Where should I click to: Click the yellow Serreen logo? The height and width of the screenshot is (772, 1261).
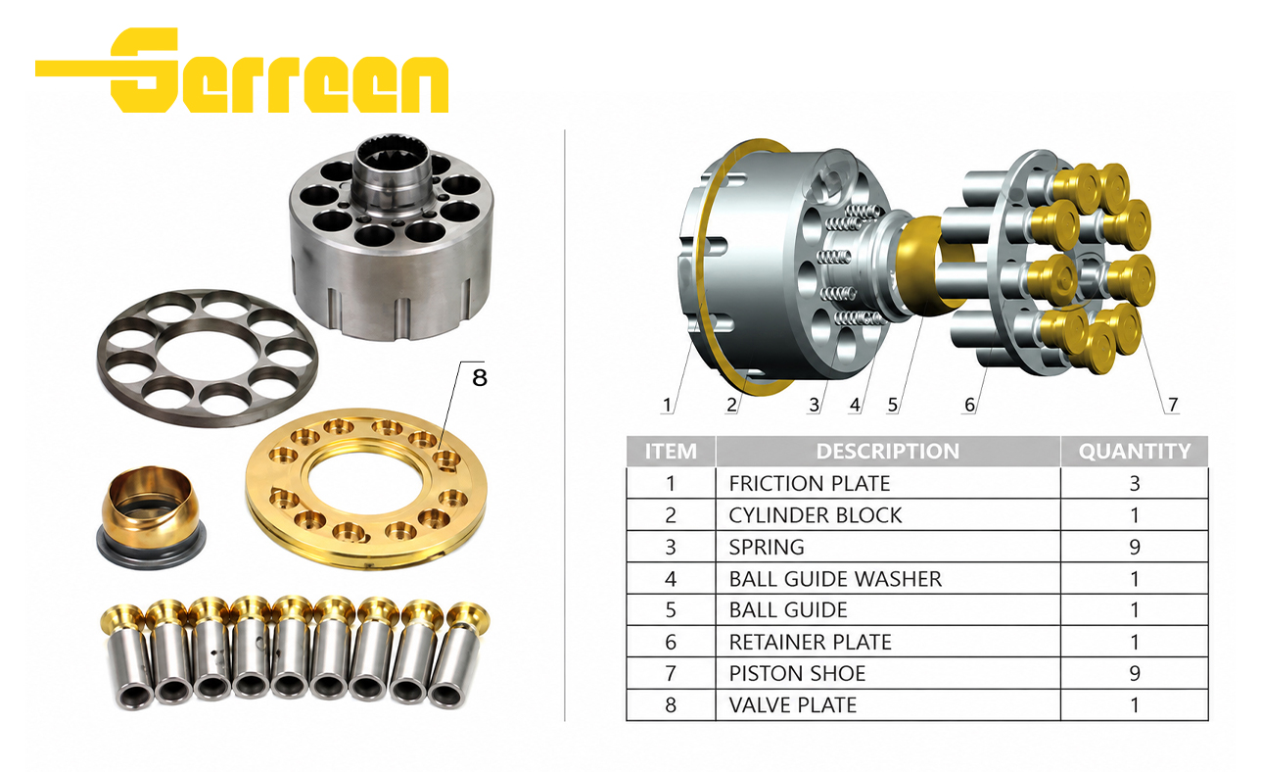tap(242, 70)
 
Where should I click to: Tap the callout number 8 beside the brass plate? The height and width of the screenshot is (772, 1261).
tap(480, 377)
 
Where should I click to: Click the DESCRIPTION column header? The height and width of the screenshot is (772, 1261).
tap(888, 452)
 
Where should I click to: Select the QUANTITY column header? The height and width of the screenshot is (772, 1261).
tap(1135, 452)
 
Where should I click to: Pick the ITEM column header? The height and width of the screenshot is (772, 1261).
tap(671, 452)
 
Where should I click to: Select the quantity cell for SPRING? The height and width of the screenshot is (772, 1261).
tap(1135, 547)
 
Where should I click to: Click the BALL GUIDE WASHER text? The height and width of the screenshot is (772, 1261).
tap(835, 579)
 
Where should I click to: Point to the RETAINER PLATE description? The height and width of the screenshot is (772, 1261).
tap(810, 642)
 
